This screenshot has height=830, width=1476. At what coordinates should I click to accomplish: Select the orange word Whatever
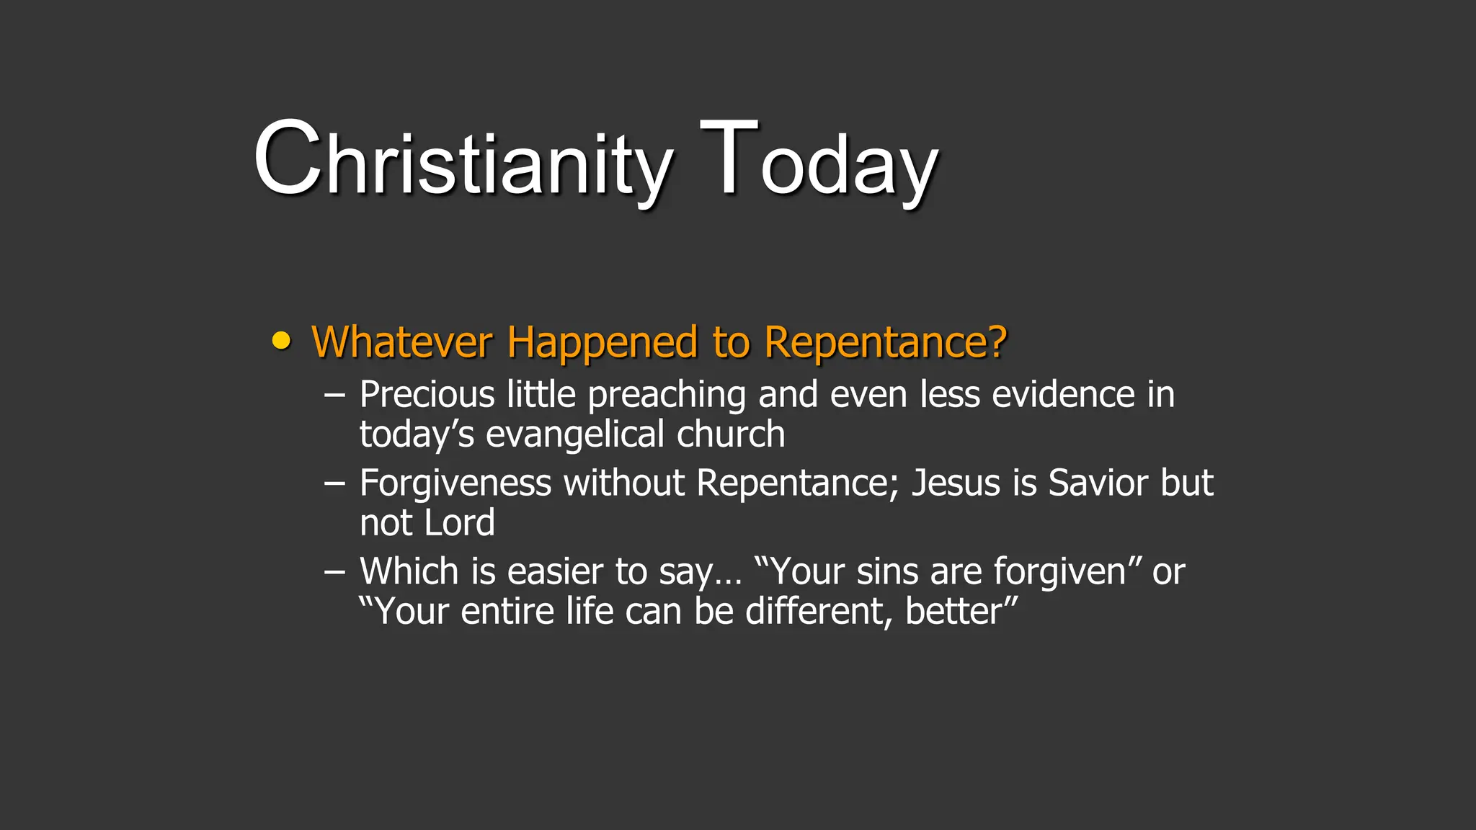tap(402, 342)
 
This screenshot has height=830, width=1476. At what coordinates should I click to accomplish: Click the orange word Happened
tap(602, 343)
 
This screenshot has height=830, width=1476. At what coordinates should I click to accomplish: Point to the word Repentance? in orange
tap(885, 343)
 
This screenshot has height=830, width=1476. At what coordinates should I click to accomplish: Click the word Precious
tap(427, 395)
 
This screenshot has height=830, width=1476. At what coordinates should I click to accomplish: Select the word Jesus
tap(956, 483)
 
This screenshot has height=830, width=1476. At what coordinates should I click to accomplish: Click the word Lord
tap(459, 523)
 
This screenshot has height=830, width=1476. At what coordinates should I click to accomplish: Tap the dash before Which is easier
tap(334, 572)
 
